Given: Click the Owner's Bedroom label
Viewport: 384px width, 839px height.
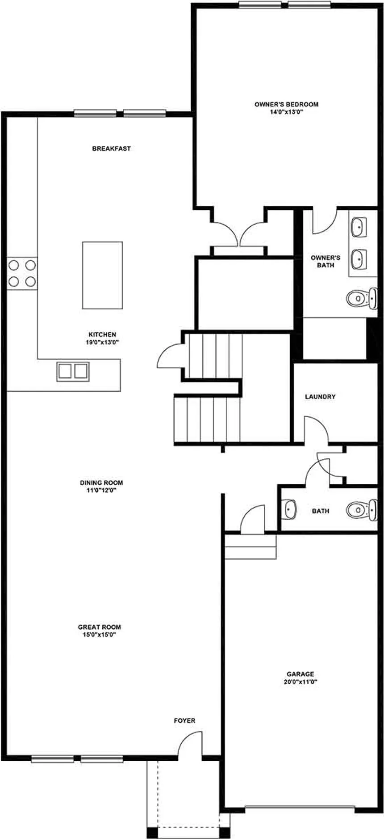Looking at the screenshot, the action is [286, 104].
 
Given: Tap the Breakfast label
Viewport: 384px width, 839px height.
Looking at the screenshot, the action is [111, 148].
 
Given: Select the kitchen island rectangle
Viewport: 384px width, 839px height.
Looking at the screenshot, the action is [102, 275].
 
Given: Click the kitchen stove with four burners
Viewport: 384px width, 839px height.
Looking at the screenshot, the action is [22, 273].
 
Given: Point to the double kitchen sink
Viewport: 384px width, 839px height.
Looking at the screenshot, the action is [73, 371].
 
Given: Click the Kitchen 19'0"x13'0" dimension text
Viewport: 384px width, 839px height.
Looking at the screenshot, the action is [102, 342].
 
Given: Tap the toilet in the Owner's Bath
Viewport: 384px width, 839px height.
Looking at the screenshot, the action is [362, 298].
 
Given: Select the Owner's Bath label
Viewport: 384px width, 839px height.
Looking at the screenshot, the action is [326, 261].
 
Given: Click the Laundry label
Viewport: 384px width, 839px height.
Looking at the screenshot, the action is [320, 397].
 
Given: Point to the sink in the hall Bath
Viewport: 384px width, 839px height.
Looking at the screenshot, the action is [289, 509].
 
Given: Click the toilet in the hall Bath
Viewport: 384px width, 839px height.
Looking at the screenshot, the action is [362, 509].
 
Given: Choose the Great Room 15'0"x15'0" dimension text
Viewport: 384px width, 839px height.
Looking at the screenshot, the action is [100, 634].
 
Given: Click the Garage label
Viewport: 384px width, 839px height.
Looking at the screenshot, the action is [301, 674].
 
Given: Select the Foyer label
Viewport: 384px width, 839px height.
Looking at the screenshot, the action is [184, 720].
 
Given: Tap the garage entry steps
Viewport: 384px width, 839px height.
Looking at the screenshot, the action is [250, 547].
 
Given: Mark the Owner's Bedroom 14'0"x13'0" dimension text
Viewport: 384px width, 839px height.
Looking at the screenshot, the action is [286, 112].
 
